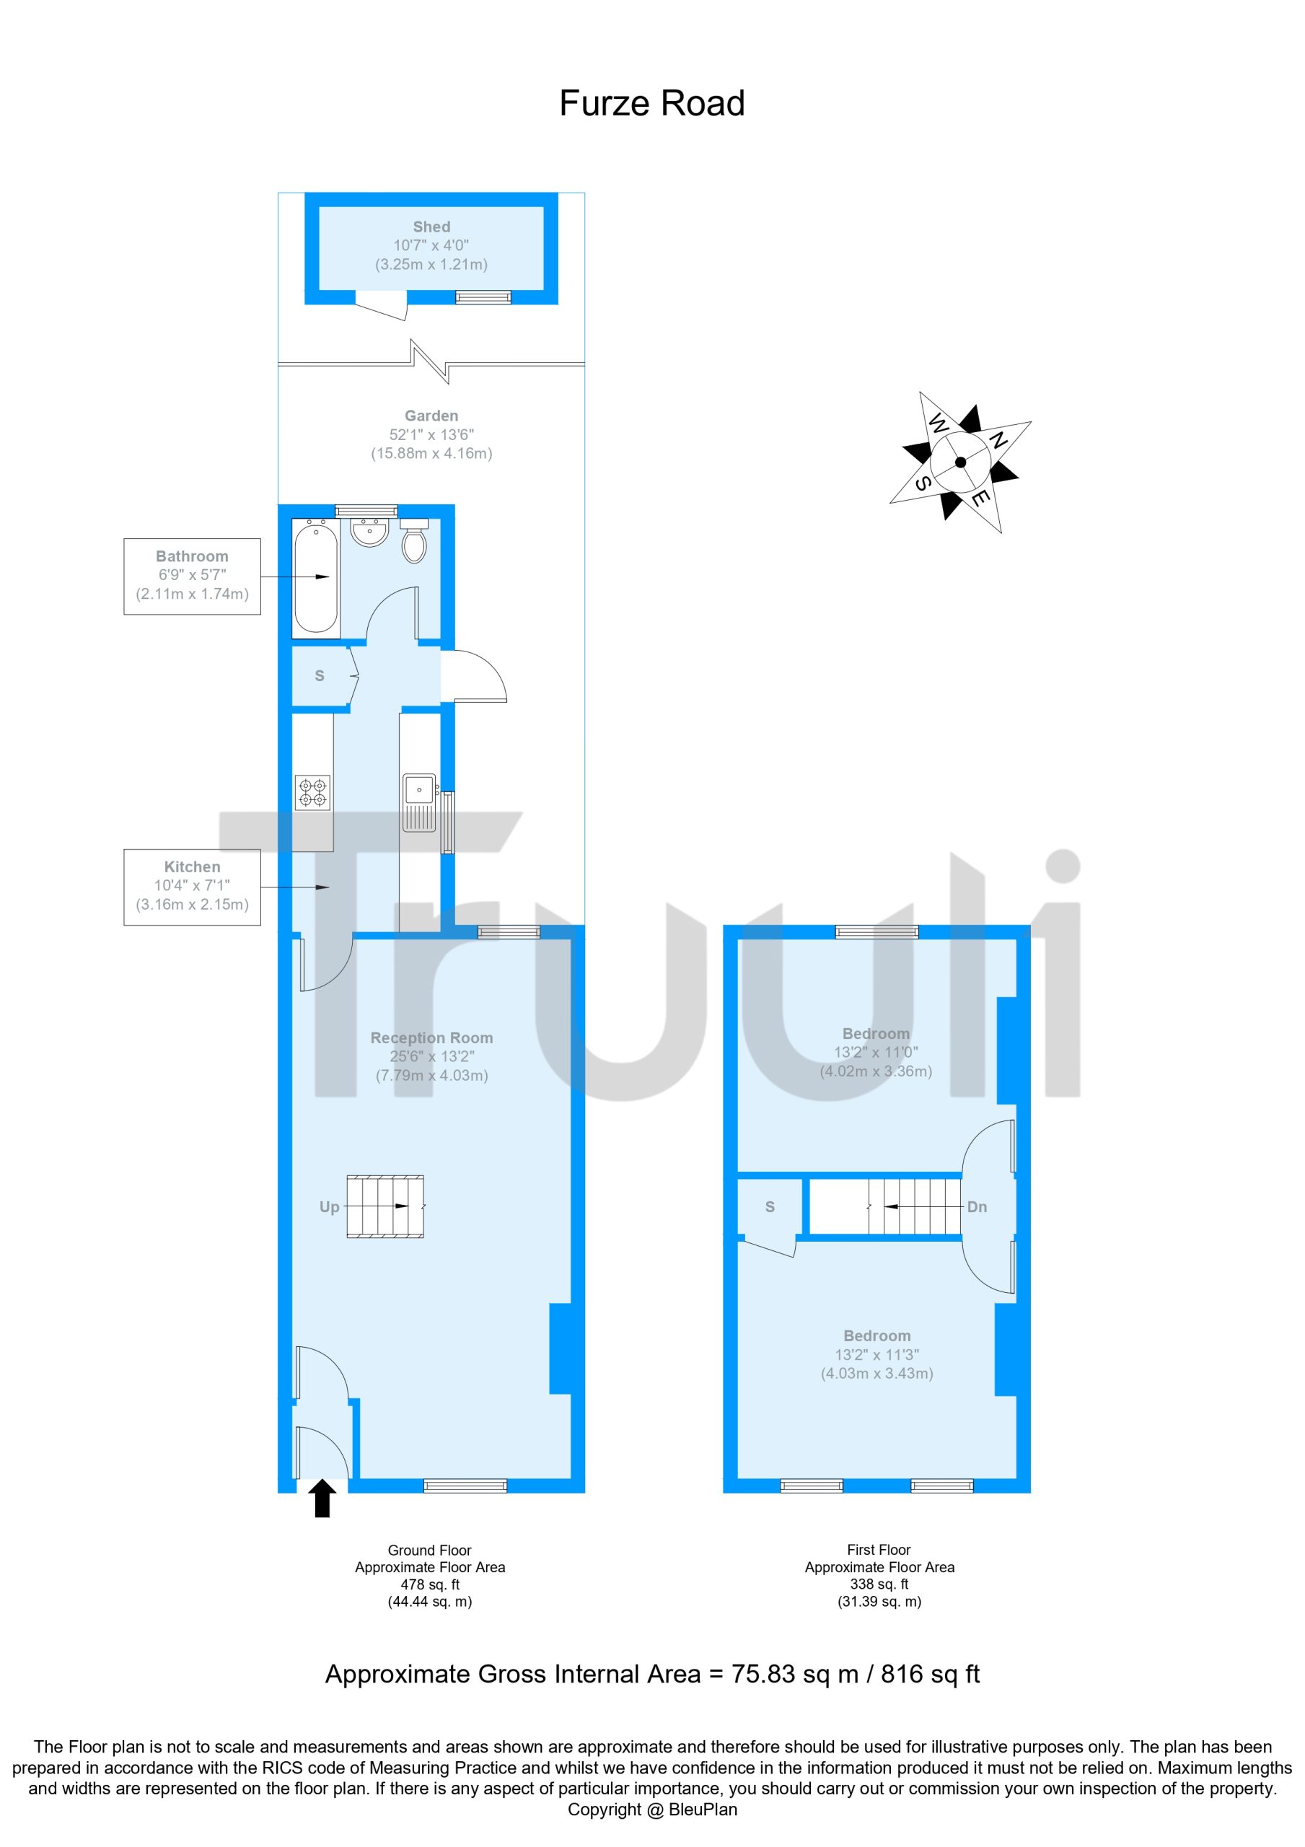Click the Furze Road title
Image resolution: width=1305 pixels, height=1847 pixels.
651,104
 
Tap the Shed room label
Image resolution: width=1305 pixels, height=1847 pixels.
431,227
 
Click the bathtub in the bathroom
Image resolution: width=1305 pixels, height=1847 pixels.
315,576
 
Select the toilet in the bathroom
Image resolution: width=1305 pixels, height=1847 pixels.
413,540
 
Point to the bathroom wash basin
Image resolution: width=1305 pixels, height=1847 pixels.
370,532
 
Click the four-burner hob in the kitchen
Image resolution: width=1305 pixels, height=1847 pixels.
312,791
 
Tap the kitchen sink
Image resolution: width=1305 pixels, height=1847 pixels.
420,802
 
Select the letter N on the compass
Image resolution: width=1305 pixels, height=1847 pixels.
998,440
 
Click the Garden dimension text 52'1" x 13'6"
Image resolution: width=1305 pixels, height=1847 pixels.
431,434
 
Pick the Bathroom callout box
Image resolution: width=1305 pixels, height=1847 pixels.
193,576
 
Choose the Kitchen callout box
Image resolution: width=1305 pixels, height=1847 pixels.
193,887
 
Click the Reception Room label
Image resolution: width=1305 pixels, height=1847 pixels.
431,1037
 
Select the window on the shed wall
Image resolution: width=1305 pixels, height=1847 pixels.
483,298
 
